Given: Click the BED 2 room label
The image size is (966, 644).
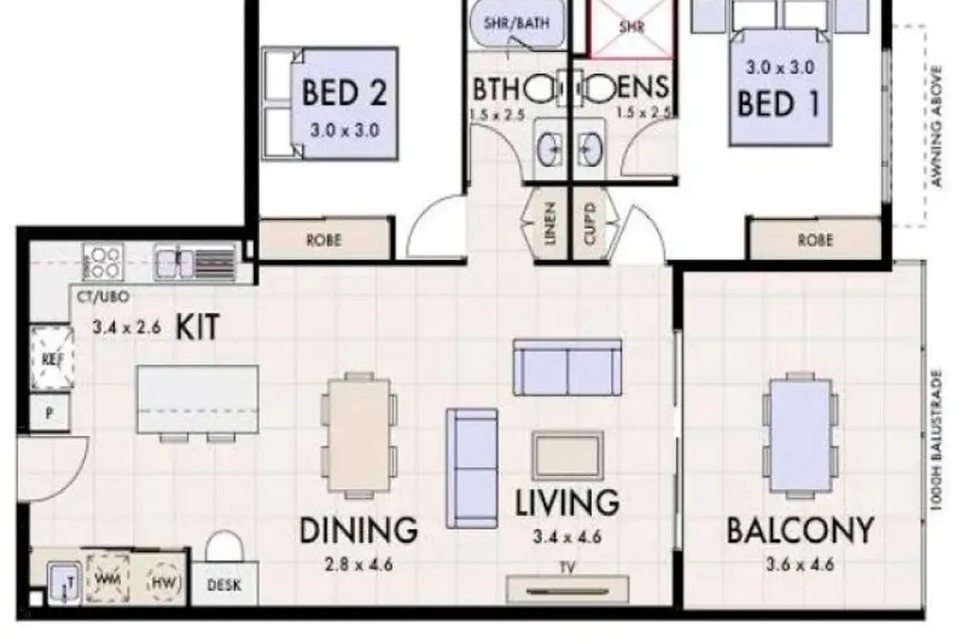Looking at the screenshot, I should coord(344,93).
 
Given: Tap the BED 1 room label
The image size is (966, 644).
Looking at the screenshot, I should coord(778,104).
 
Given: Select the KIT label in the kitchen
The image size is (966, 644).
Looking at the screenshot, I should coord(197,328).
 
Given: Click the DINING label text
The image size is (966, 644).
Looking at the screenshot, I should coord(358,530).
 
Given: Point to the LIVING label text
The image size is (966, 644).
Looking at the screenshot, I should coord(568,502).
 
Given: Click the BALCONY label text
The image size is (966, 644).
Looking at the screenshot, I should coord(799,531).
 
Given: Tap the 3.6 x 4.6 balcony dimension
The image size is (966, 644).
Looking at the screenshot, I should coord(799,563).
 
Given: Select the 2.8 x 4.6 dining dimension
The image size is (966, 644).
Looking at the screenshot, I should coord(358,564).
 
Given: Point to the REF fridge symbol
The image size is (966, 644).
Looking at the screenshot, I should coord(51,358).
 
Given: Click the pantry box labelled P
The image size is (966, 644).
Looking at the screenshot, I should coord(50,415).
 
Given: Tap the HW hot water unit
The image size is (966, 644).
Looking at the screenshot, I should coord(164,581).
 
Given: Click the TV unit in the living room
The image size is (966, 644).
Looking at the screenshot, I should coord(567,587).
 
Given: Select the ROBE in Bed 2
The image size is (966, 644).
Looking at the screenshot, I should coord(324,240).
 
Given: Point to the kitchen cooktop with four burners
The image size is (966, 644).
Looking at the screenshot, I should coord(103,261).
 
